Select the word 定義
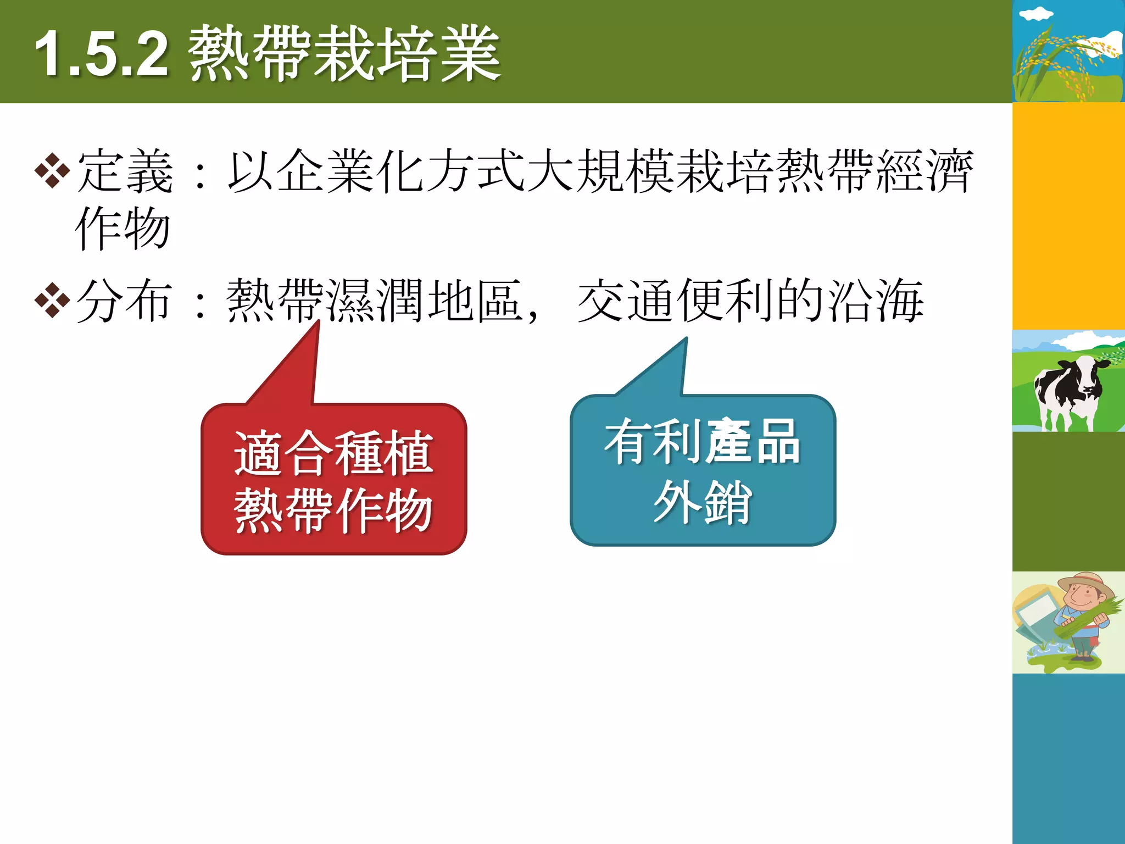click(125, 171)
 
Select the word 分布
click(125, 301)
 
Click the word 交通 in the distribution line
click(626, 301)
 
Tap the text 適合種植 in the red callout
click(334, 453)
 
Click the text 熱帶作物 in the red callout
click(334, 510)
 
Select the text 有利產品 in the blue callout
click(703, 442)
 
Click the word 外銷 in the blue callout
click(703, 501)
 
